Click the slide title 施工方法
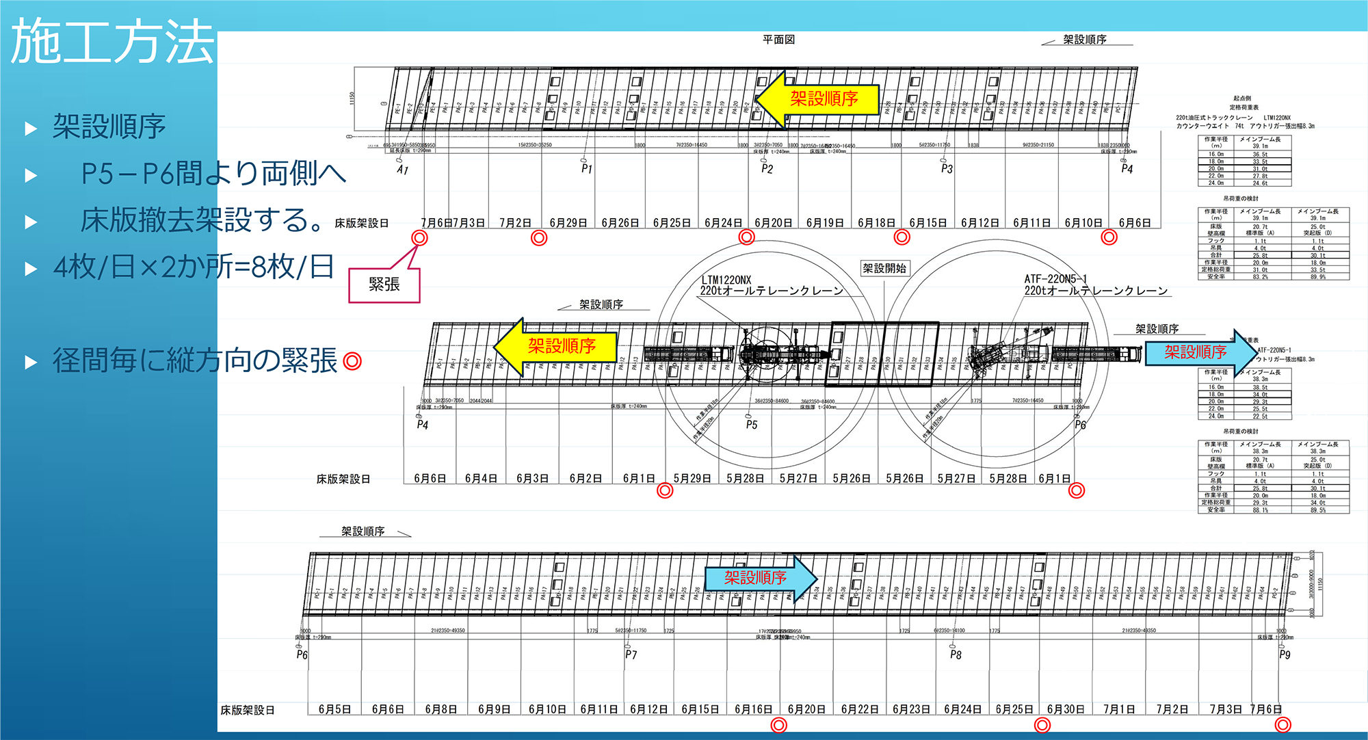[x=113, y=42]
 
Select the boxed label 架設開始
[x=884, y=268]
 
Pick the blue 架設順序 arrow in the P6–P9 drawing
[x=759, y=578]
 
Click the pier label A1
[x=402, y=170]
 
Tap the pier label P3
[x=947, y=168]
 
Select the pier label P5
[x=752, y=425]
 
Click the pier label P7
[x=631, y=655]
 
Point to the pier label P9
[x=1285, y=655]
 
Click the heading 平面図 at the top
[x=778, y=40]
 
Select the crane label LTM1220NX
[x=726, y=280]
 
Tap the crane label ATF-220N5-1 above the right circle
[x=1055, y=279]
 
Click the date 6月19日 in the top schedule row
[x=825, y=223]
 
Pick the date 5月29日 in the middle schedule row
[x=692, y=479]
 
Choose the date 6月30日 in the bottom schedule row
[x=1066, y=709]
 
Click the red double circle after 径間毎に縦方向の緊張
[x=352, y=360]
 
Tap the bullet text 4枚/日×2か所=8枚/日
[x=194, y=267]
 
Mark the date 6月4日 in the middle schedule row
[x=481, y=479]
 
